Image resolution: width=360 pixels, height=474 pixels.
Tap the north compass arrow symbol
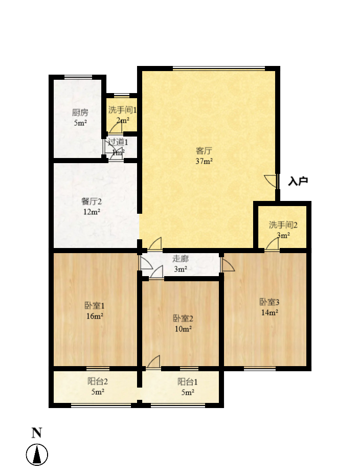(37, 455)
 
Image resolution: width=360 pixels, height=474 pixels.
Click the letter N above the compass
(36, 433)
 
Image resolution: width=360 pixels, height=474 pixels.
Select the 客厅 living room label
(204, 151)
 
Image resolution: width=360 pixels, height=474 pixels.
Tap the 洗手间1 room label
(122, 109)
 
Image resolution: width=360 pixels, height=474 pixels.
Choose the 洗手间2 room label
(283, 224)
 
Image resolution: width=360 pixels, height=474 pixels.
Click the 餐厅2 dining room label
(92, 201)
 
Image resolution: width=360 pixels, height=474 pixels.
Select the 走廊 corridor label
(180, 259)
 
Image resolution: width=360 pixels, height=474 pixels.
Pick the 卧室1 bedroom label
(95, 306)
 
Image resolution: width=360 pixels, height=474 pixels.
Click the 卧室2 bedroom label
(183, 318)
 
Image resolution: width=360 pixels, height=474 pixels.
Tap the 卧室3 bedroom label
(269, 302)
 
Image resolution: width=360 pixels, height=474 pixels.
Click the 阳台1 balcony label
(188, 381)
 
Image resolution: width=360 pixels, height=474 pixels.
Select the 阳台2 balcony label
(98, 381)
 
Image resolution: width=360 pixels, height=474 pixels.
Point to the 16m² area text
(95, 316)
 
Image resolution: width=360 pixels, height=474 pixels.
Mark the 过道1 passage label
(118, 142)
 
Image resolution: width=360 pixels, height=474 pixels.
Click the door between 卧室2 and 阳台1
(154, 362)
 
